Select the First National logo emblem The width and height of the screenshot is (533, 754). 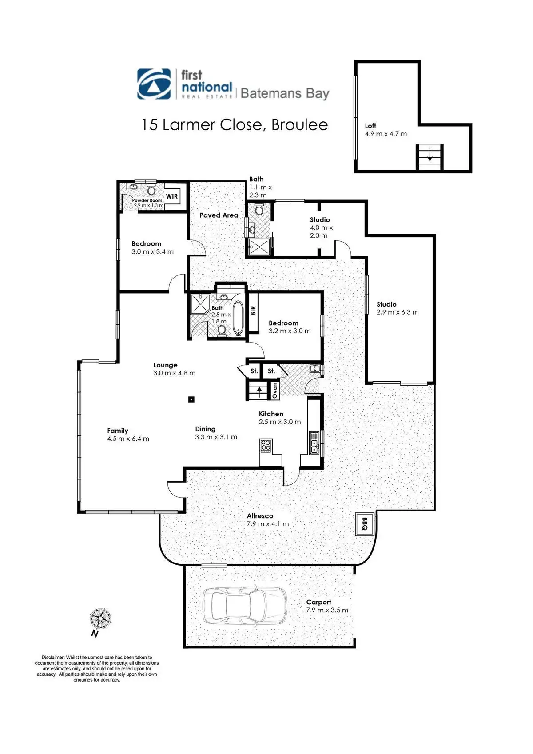click(x=154, y=84)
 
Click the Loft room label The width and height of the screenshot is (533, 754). click(x=370, y=126)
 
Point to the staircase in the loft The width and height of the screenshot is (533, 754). click(x=430, y=157)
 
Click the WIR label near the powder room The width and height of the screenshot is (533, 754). click(x=172, y=196)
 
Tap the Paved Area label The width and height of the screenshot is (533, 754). click(x=219, y=215)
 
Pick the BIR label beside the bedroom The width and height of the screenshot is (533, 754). click(x=253, y=310)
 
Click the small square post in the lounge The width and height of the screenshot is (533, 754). click(x=191, y=399)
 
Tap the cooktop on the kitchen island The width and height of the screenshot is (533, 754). click(x=266, y=445)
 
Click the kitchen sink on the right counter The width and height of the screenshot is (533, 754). click(x=314, y=443)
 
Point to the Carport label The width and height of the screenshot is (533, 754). click(x=318, y=602)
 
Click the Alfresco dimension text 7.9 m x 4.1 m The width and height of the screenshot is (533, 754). click(x=268, y=524)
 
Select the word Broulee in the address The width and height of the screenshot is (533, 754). click(x=299, y=124)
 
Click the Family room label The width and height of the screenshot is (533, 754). click(x=118, y=431)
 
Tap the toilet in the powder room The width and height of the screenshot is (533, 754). click(x=151, y=191)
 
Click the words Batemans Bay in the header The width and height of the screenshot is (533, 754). click(x=285, y=93)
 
